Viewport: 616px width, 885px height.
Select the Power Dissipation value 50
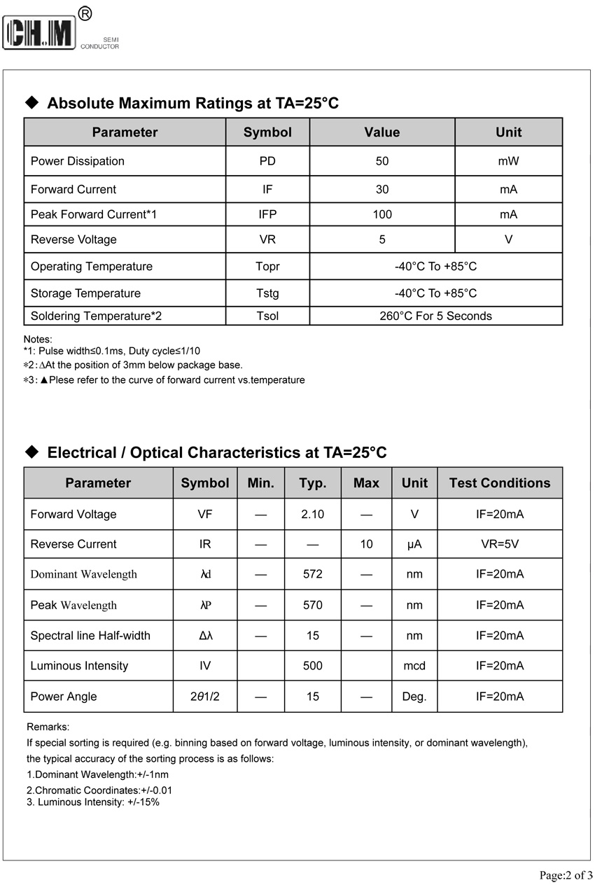[382, 161]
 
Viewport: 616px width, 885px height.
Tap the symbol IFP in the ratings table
[267, 214]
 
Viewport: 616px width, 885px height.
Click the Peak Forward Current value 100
[382, 214]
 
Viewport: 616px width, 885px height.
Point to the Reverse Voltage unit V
[508, 239]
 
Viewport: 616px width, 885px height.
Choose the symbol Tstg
[267, 293]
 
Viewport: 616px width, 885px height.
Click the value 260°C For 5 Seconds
[435, 316]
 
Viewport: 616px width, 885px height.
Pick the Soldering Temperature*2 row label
[96, 316]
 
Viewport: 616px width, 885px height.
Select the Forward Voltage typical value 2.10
[312, 514]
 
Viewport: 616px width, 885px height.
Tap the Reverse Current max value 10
[366, 544]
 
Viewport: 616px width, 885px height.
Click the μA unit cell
[414, 544]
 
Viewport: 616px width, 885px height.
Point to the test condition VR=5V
[499, 544]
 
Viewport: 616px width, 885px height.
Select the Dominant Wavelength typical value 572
[312, 574]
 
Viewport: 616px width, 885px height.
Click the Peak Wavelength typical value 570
[312, 605]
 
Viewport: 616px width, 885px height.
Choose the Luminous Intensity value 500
[312, 666]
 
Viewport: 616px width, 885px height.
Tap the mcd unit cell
[414, 666]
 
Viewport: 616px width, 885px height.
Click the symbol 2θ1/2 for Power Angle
[205, 697]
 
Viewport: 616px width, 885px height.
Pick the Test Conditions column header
[499, 483]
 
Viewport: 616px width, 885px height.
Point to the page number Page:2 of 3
[566, 874]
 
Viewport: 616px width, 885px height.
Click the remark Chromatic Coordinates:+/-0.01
[99, 790]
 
